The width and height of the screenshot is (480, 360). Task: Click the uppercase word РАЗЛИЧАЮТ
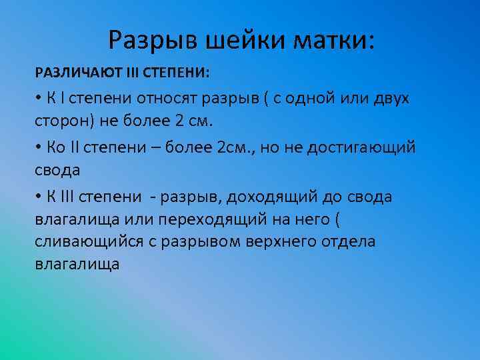pyautogui.click(x=73, y=72)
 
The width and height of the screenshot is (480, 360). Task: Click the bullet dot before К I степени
pyautogui.click(x=39, y=99)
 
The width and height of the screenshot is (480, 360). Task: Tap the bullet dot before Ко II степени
pyautogui.click(x=39, y=147)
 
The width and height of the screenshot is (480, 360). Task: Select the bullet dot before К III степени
pyautogui.click(x=39, y=197)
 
